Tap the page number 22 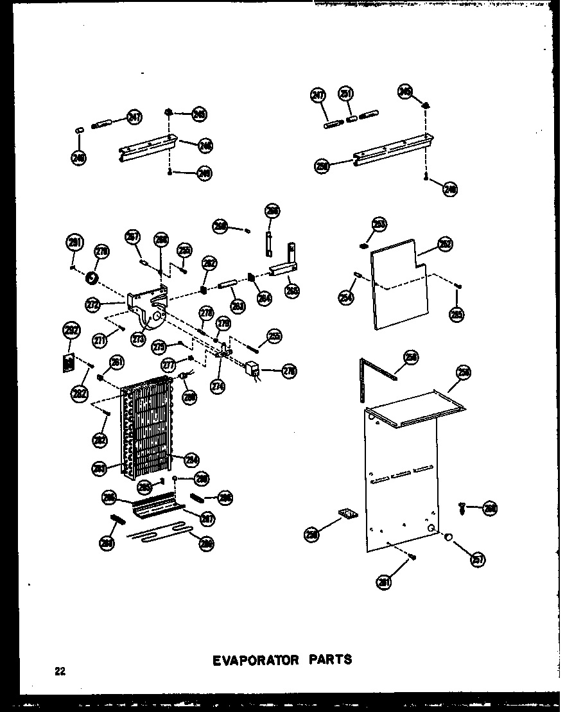coord(60,672)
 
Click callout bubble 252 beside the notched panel coord(444,245)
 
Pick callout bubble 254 coord(346,297)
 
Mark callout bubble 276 coord(290,370)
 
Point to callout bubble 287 coord(207,518)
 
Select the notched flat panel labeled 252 coord(400,282)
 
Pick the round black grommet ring coord(91,277)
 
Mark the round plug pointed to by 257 coord(448,536)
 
